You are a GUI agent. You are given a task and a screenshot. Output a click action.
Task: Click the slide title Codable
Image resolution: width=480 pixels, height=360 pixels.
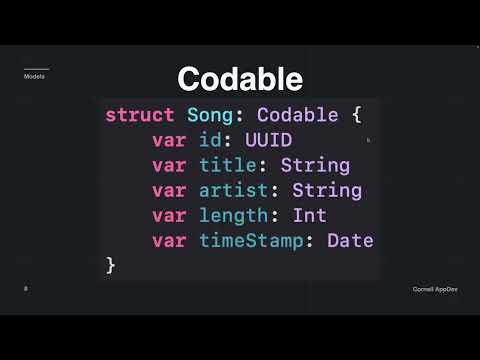click(240, 79)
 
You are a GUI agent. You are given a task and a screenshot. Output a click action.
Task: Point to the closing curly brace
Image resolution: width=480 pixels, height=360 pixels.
click(111, 265)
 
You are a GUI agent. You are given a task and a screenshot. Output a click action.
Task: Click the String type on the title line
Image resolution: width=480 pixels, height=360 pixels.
click(315, 165)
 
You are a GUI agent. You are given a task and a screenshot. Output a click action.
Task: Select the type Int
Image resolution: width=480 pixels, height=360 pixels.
click(309, 215)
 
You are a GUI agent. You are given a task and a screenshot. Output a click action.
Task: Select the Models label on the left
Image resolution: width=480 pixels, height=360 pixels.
click(34, 76)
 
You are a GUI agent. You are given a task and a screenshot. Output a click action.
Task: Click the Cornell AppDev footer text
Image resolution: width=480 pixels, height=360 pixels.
click(434, 289)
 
